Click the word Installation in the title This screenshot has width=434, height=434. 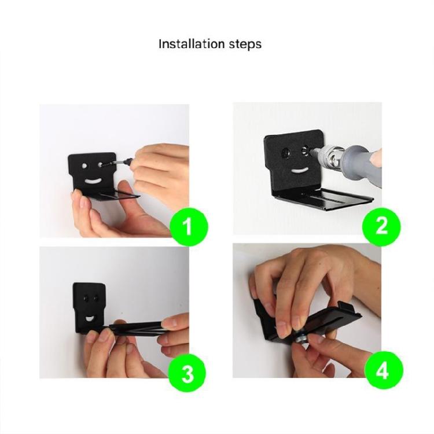pyautogui.click(x=192, y=44)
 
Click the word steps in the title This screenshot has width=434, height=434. pyautogui.click(x=245, y=45)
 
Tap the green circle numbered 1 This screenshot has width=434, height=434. pyautogui.click(x=189, y=227)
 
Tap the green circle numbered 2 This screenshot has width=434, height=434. pyautogui.click(x=381, y=226)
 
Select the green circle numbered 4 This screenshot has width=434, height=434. pyautogui.click(x=384, y=370)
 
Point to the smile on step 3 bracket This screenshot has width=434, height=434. pyautogui.click(x=90, y=319)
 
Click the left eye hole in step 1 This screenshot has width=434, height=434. pyautogui.click(x=84, y=166)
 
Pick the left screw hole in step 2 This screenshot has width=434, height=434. pyautogui.click(x=285, y=153)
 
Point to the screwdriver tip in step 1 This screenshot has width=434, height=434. pyautogui.click(x=104, y=165)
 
